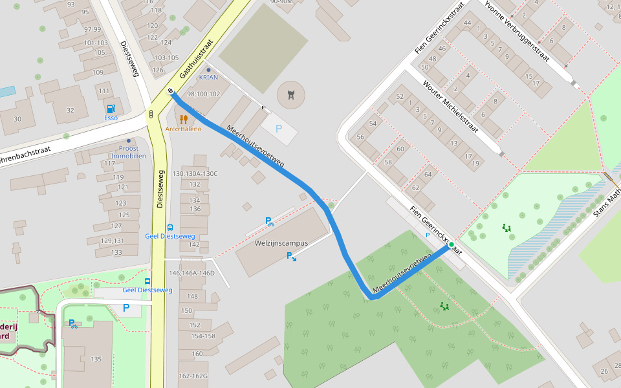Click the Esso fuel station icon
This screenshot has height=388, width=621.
pos(111,109)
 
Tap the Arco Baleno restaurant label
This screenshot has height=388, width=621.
pos(183,129)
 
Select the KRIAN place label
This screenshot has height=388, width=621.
pos(208,77)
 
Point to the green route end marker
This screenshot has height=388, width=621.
pos(451,246)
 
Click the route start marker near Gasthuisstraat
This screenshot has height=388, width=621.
pos(170,92)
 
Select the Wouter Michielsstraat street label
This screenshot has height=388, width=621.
pos(450,107)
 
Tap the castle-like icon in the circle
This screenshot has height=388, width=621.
pos(290,95)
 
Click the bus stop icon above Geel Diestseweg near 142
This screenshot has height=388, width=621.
pos(170,228)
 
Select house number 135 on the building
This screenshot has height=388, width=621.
pos(96,359)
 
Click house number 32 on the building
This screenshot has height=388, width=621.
pos(71,109)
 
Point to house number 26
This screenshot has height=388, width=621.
pos(604,371)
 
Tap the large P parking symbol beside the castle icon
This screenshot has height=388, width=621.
pos(279,129)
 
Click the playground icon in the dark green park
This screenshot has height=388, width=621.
pos(444,306)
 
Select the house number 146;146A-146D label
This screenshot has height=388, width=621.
pos(191,273)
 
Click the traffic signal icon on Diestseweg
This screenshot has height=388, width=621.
pos(151,114)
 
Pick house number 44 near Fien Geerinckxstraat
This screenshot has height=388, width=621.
pos(467,23)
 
